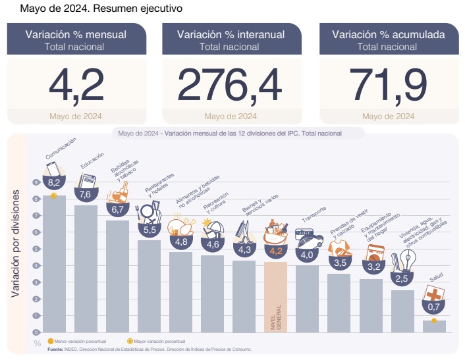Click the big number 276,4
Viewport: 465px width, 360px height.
coord(230,85)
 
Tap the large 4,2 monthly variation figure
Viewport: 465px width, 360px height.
coord(76,85)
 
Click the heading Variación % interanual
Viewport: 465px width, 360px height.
coord(230,35)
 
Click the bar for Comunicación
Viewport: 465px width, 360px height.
coord(54,263)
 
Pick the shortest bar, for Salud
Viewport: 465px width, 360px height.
coord(434,326)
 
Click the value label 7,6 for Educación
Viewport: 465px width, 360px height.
coord(85,195)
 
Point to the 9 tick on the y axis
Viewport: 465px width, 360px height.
coord(35,182)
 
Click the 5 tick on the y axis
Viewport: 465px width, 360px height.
coord(35,249)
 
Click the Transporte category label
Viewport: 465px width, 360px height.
coord(314,218)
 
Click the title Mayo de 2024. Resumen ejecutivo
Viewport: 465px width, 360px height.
coord(92,10)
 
